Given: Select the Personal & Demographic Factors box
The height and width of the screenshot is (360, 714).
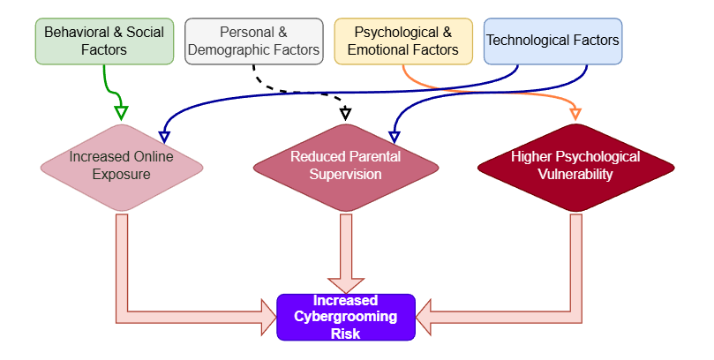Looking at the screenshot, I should coord(253,41).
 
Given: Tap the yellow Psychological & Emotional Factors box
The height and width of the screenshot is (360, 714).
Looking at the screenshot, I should coord(403,41).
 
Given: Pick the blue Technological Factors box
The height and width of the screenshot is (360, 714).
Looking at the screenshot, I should coord(552,41).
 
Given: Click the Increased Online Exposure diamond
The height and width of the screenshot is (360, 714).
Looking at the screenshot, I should coord(122,166).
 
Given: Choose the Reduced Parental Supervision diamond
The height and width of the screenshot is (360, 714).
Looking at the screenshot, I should coord(346,166).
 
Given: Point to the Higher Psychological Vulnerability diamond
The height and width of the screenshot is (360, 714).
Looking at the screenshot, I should coord(575,166).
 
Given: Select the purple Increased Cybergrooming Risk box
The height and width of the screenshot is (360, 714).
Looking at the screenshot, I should coord(346,317).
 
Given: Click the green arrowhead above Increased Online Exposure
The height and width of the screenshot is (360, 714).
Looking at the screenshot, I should coord(122,112).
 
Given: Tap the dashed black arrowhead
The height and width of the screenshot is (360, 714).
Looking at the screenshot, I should coord(346,113).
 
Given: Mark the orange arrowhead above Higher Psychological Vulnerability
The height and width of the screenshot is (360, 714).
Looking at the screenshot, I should coord(576,112).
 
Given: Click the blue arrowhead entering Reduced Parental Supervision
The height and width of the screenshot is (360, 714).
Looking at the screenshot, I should coord(395,136).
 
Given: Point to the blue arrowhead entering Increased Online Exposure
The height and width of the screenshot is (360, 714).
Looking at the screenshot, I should coord(164,136).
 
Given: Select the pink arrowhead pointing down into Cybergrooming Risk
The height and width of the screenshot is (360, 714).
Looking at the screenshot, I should coord(346,281).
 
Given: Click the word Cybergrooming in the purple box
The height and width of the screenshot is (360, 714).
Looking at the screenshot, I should coord(346,317).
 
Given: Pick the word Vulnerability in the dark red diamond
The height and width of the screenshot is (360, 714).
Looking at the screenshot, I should coord(575,174).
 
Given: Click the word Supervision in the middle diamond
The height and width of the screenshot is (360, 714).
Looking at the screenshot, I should coord(346,174).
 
